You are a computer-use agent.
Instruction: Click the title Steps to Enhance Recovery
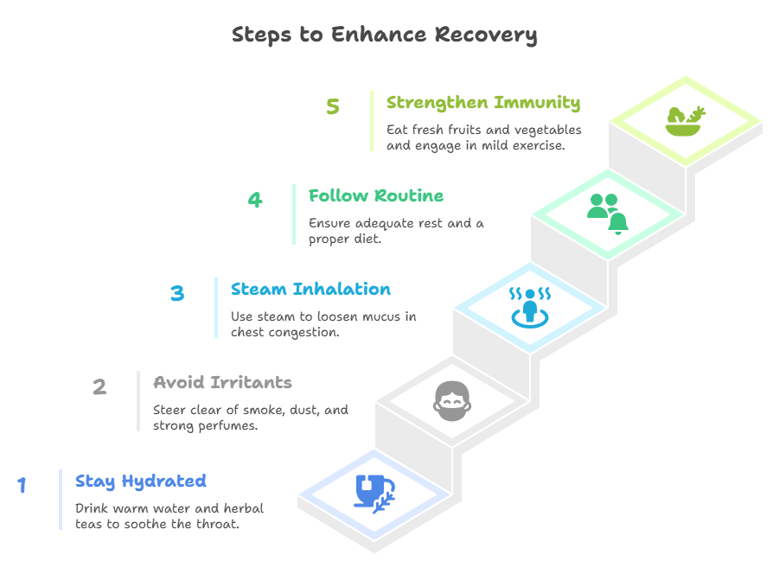click(385, 35)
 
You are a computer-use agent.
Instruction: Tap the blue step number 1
click(22, 486)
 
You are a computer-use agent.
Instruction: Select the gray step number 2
click(99, 386)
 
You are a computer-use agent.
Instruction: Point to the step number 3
click(177, 293)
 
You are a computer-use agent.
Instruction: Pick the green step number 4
click(254, 201)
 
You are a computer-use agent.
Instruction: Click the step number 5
click(333, 107)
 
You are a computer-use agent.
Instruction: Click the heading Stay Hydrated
click(140, 481)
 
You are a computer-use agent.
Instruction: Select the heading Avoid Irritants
click(222, 382)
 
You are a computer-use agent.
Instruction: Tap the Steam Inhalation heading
click(310, 289)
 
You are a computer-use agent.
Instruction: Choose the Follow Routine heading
click(376, 195)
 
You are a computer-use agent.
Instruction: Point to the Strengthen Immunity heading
click(482, 102)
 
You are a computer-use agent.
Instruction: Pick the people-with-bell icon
click(608, 213)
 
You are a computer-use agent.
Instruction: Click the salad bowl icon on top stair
click(685, 120)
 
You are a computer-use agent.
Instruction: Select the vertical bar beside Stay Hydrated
click(61, 499)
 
